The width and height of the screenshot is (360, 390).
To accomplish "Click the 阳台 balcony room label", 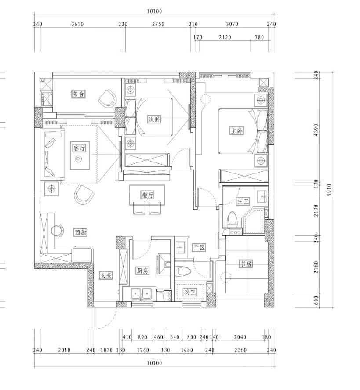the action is (x=78, y=94).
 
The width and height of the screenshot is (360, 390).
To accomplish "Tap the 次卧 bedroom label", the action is (x=154, y=119).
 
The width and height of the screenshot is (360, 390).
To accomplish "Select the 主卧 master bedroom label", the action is (x=236, y=131).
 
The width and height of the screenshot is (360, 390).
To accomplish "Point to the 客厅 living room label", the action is (x=80, y=148).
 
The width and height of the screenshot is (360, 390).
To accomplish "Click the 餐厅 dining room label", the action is (x=147, y=195).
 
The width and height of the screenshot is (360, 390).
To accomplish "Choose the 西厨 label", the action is (x=81, y=233).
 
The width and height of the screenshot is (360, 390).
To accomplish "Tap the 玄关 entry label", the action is (x=106, y=275).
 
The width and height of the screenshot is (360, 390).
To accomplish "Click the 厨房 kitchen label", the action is (x=143, y=271).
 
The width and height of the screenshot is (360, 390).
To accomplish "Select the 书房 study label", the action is (x=246, y=264).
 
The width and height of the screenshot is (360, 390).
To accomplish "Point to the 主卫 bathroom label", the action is (x=243, y=201).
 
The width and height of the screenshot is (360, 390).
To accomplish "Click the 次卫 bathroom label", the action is (x=190, y=292).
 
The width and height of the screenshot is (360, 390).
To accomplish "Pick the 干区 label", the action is (x=199, y=247).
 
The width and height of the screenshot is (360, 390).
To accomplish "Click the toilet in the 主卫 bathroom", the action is (x=232, y=220).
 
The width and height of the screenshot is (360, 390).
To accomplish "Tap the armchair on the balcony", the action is (x=108, y=98).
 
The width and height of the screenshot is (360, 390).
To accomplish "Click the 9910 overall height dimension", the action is (x=329, y=190).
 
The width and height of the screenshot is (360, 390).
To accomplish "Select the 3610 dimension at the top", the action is (x=77, y=24).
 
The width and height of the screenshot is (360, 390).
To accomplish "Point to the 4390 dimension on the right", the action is (x=316, y=130).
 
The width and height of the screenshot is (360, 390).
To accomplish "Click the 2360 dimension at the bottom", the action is (x=240, y=350).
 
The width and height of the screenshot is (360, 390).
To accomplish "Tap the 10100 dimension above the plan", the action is (x=154, y=11).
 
